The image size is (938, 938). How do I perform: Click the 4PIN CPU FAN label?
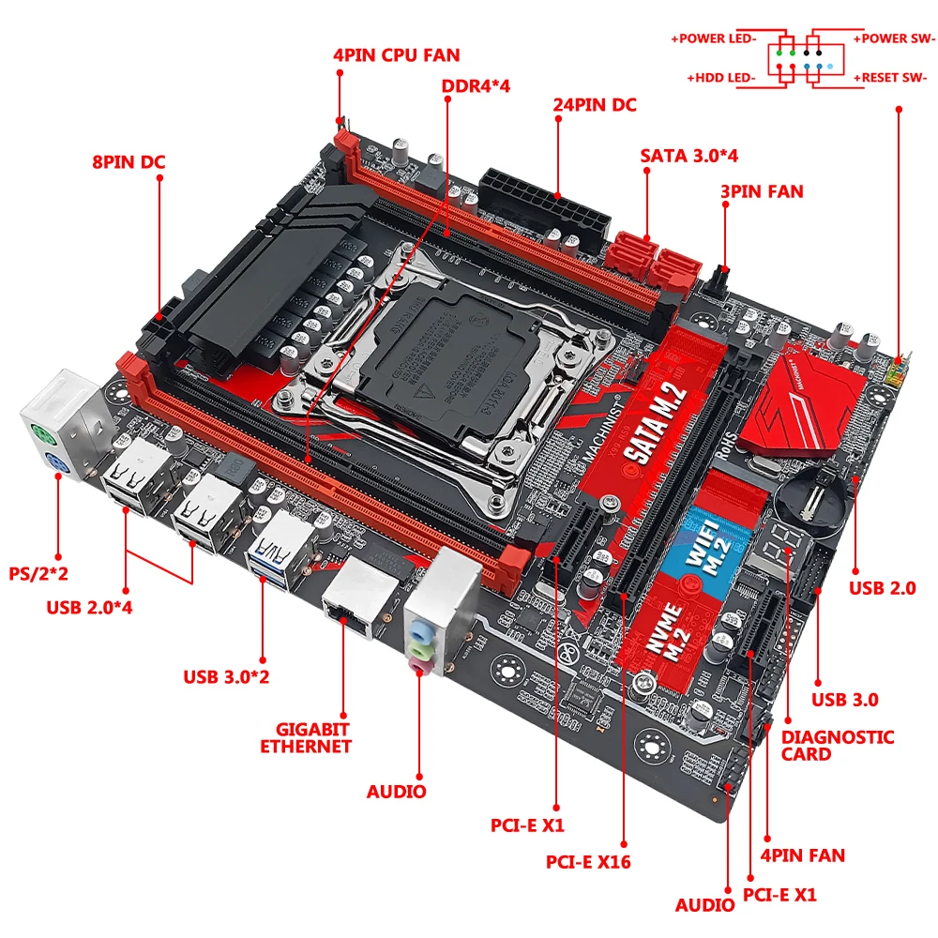(396, 54)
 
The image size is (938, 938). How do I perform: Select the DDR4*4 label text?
(476, 86)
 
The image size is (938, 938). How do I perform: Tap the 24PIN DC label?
(593, 105)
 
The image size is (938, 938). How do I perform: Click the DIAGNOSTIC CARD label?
(838, 746)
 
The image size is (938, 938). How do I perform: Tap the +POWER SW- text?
(894, 38)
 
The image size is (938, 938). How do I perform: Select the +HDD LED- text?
(721, 78)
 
